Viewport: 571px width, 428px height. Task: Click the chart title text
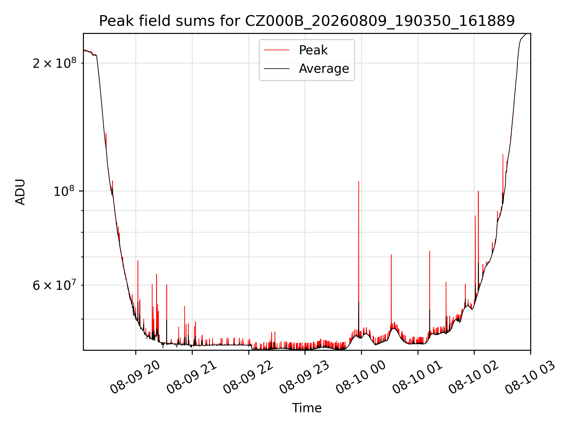click(307, 21)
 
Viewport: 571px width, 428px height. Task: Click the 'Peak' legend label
click(313, 50)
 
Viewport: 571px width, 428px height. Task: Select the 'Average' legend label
click(324, 69)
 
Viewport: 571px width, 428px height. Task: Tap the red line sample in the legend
click(277, 50)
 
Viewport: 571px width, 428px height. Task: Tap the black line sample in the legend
click(277, 69)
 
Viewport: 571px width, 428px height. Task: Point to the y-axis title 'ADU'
click(20, 192)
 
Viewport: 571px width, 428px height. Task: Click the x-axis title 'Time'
click(307, 408)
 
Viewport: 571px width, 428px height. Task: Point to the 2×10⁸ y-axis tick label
click(54, 63)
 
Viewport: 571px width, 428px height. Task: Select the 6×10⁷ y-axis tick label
click(54, 285)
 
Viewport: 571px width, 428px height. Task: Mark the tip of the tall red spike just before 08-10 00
click(359, 181)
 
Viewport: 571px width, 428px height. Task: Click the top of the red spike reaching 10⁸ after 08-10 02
click(478, 191)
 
